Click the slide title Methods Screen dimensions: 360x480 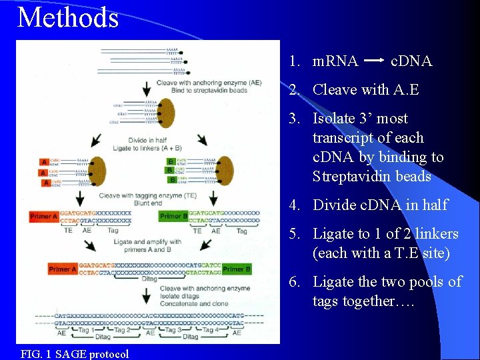tap(68, 17)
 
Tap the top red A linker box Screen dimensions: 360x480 tap(44, 162)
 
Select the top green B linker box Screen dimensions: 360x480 tap(171, 161)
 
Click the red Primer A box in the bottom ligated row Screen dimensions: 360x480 tap(63, 269)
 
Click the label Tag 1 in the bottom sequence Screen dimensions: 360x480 tap(85, 330)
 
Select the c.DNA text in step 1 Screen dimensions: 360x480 tap(411, 61)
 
